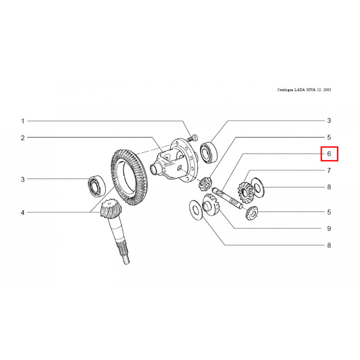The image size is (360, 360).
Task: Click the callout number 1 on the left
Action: (x=22, y=121)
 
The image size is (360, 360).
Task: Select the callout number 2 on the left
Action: (x=22, y=138)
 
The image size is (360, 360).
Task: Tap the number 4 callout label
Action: (x=22, y=212)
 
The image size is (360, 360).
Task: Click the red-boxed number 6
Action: (x=329, y=153)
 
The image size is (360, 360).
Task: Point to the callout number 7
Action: (x=329, y=171)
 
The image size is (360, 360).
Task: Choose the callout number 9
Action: (x=329, y=229)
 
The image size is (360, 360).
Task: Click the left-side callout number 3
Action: (x=22, y=179)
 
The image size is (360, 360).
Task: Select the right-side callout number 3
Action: (x=329, y=121)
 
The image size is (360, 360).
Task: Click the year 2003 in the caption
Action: (x=327, y=90)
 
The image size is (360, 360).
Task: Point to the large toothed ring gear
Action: (x=129, y=177)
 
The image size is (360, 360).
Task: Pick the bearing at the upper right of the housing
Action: (x=209, y=153)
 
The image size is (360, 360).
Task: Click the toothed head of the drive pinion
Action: (x=111, y=208)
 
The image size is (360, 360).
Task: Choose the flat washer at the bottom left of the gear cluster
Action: (x=196, y=210)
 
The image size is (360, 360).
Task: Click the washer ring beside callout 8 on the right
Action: (x=257, y=188)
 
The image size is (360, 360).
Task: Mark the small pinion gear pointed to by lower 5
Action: (x=252, y=213)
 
